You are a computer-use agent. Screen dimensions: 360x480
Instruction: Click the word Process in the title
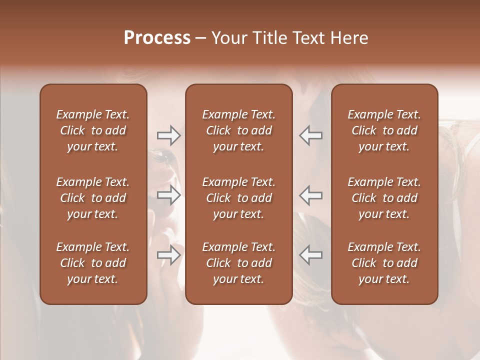(x=157, y=38)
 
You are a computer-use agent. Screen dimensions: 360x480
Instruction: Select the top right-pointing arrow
(x=169, y=135)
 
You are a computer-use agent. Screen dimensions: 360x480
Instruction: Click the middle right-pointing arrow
(x=169, y=195)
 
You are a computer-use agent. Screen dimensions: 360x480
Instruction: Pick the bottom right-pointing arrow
(x=169, y=255)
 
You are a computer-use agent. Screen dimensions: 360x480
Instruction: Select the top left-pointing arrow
(x=310, y=135)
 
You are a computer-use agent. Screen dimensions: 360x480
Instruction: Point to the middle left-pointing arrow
(x=310, y=195)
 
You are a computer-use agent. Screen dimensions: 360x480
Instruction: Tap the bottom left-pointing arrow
(x=310, y=255)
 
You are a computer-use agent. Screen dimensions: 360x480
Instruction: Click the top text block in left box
(x=93, y=130)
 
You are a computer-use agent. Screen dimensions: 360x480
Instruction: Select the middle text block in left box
(x=93, y=198)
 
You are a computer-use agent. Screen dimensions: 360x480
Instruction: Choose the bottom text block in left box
(x=93, y=263)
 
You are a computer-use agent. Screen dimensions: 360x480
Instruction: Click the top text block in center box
(x=238, y=130)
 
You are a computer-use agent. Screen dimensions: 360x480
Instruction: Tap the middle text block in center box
(x=238, y=198)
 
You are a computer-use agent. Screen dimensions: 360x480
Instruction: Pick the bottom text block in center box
(x=238, y=263)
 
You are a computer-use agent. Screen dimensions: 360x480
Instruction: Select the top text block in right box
(x=384, y=130)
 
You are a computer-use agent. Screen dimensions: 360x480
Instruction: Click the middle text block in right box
(x=384, y=198)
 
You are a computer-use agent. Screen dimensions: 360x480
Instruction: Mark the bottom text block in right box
(x=384, y=263)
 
